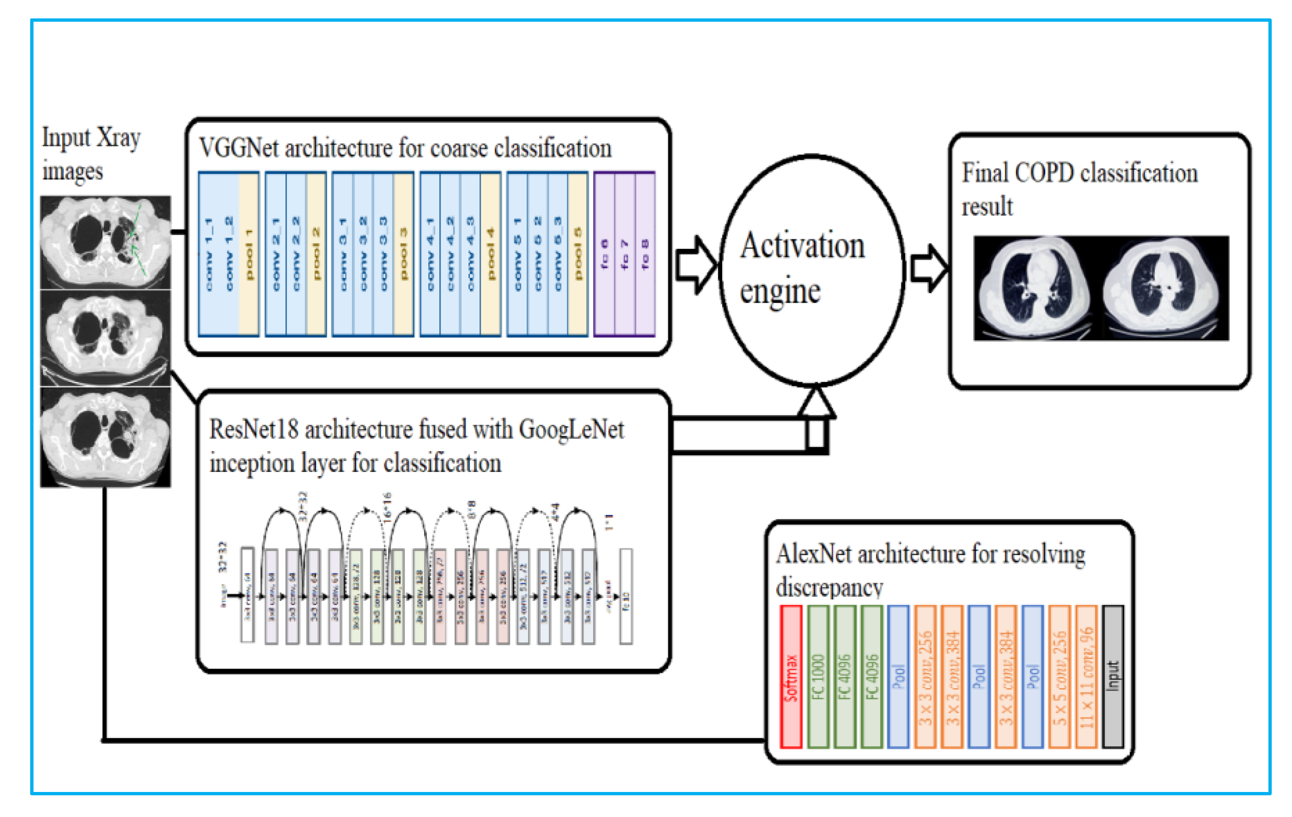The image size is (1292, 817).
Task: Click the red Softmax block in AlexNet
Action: point(791,676)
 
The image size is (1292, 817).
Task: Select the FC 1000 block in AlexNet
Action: point(817,676)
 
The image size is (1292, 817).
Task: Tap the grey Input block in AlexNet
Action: point(1112,676)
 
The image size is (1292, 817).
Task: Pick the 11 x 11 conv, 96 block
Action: point(1086,676)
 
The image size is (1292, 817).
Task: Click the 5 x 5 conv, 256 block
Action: point(1059,676)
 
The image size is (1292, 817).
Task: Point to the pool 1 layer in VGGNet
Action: point(249,254)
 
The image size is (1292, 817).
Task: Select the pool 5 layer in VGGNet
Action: point(578,254)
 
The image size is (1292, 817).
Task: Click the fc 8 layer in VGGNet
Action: point(645,254)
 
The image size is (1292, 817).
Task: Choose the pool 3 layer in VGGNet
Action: point(403,254)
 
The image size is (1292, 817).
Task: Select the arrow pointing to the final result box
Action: point(929,269)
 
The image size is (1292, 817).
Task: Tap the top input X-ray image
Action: point(106,242)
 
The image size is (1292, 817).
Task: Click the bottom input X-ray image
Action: point(106,438)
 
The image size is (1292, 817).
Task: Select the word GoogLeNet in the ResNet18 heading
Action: point(571,430)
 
